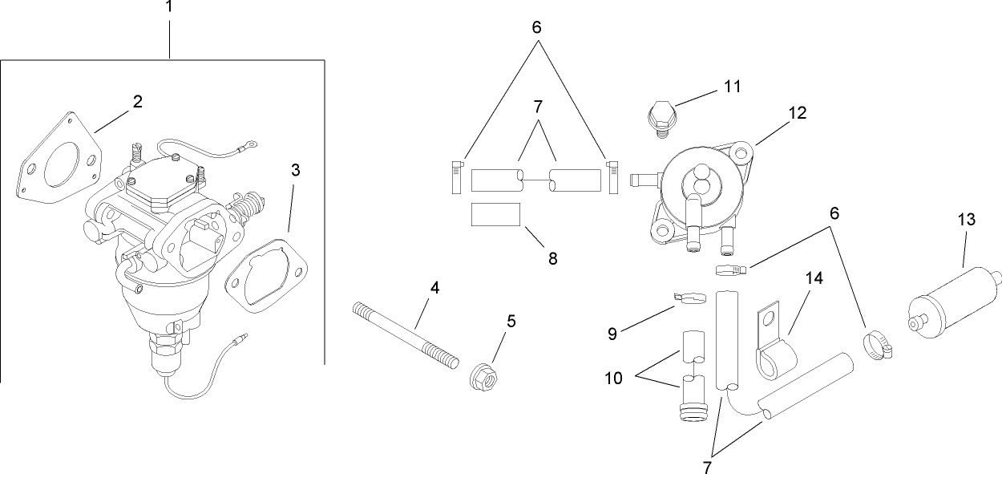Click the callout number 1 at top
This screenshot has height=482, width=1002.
click(x=168, y=7)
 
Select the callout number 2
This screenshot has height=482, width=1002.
click(x=137, y=102)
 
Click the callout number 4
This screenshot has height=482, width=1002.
click(x=434, y=286)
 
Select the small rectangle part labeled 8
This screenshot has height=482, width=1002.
click(x=495, y=216)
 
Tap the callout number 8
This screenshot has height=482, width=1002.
click(x=552, y=258)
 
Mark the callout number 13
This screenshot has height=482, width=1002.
click(x=967, y=219)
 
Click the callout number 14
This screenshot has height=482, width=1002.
click(x=814, y=278)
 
